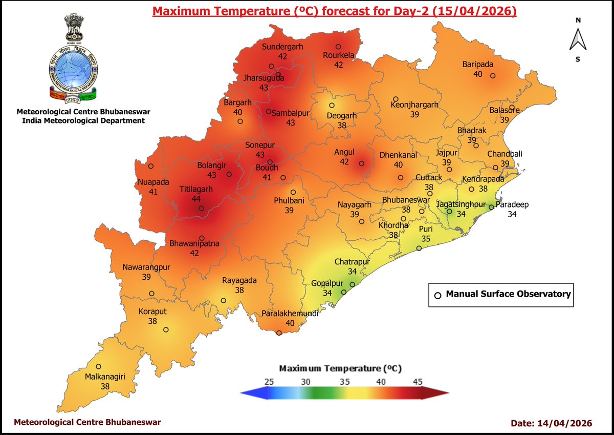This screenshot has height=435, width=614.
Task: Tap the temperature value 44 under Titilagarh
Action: (196, 198)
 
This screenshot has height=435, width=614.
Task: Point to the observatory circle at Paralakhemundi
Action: (279, 333)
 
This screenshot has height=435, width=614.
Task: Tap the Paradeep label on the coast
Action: (512, 204)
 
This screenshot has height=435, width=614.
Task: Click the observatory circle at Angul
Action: (361, 163)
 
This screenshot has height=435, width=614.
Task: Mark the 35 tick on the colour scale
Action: (344, 381)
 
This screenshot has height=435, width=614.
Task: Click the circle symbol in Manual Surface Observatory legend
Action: (437, 295)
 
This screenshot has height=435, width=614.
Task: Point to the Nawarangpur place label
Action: (146, 267)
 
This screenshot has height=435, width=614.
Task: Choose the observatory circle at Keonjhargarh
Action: (396, 99)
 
